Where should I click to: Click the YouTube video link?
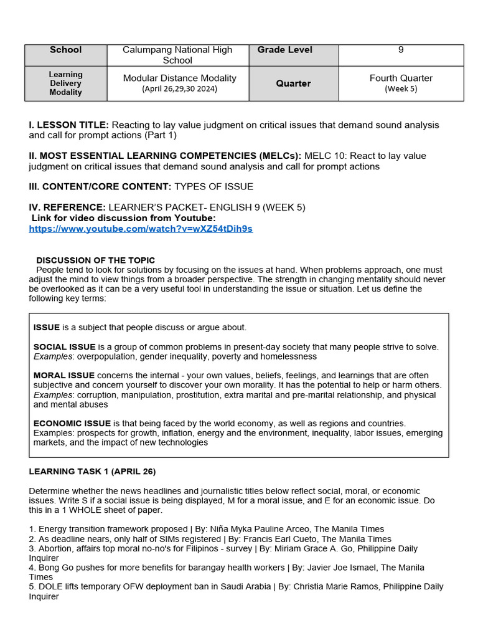click(x=141, y=229)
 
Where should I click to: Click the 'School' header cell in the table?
click(x=65, y=50)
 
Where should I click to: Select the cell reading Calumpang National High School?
click(x=177, y=55)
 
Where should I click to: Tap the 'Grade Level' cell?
click(x=284, y=50)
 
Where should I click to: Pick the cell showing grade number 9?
click(x=401, y=50)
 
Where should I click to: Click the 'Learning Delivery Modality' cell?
click(x=65, y=83)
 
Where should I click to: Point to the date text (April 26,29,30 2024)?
click(x=179, y=88)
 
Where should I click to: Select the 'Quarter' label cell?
click(x=293, y=83)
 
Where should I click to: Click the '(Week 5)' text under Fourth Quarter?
click(x=401, y=88)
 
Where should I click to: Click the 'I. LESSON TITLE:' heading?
click(x=68, y=125)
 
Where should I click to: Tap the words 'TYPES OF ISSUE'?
click(x=213, y=187)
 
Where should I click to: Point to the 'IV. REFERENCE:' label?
click(x=67, y=207)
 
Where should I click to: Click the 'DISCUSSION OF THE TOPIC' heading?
click(x=96, y=260)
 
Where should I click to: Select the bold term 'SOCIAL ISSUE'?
click(x=65, y=347)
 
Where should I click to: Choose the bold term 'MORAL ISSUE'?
click(x=64, y=376)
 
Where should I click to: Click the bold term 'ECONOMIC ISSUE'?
click(x=72, y=424)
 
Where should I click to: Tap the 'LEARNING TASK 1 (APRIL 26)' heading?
click(x=92, y=472)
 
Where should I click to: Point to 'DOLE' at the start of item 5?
click(x=49, y=587)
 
